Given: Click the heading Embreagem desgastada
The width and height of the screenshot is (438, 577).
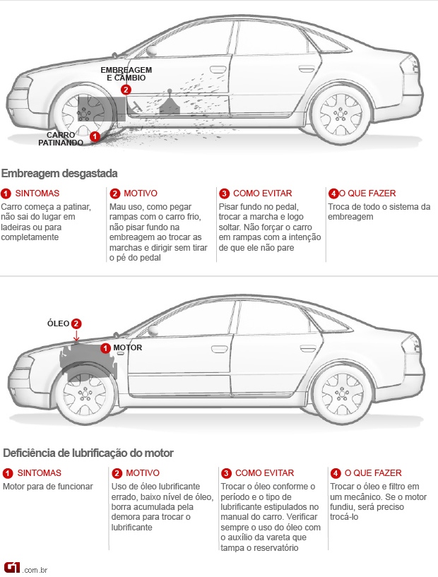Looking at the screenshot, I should pyautogui.click(x=59, y=173).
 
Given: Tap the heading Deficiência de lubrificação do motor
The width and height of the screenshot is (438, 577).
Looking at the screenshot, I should pyautogui.click(x=88, y=453).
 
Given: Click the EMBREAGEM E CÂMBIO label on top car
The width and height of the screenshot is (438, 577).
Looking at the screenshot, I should pyautogui.click(x=126, y=73).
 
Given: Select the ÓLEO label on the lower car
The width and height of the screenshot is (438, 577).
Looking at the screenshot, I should pyautogui.click(x=58, y=323).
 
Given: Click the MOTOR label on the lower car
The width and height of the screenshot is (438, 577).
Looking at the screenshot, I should pyautogui.click(x=128, y=348).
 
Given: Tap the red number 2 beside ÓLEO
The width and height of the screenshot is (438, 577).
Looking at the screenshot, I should pyautogui.click(x=77, y=323).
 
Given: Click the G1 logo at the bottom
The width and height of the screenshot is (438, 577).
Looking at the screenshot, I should pyautogui.click(x=13, y=567).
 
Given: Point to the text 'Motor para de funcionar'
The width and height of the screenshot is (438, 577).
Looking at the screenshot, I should pyautogui.click(x=48, y=487).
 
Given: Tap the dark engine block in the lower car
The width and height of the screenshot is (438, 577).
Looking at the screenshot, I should pyautogui.click(x=88, y=360).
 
